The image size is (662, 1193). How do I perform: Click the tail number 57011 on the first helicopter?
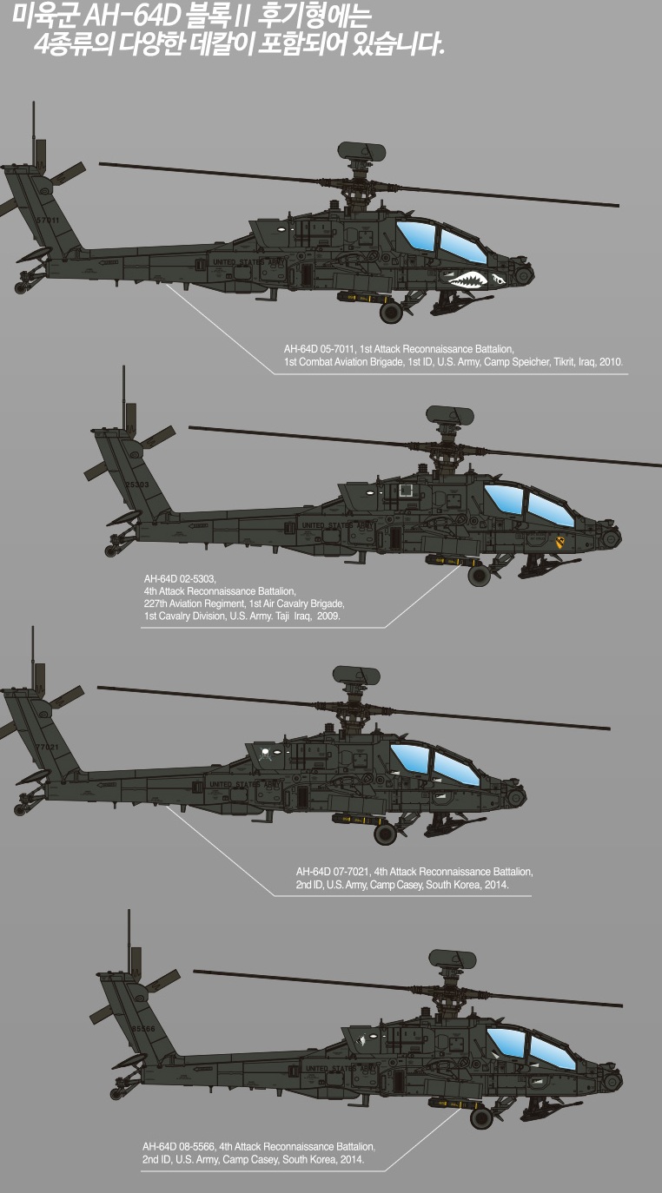[48, 221]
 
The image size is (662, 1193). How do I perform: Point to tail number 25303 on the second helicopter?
[137, 484]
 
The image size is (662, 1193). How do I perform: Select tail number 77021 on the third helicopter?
[47, 747]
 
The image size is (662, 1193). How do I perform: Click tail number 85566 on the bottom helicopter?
[142, 1028]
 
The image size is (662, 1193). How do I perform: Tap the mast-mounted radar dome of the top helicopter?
[361, 153]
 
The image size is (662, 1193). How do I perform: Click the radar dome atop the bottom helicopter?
[453, 959]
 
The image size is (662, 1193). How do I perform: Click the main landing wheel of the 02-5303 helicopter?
[479, 575]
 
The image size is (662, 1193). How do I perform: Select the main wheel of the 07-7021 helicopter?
[385, 834]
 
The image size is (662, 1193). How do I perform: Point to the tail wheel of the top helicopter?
[20, 287]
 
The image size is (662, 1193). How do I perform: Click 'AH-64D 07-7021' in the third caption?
[340, 871]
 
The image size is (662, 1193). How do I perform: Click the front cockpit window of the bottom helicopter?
[553, 1051]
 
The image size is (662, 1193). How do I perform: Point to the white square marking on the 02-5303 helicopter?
[405, 491]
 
